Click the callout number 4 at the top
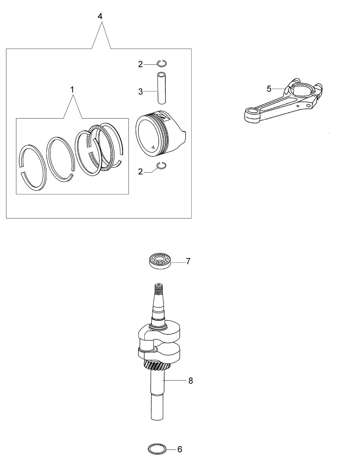pyautogui.click(x=100, y=16)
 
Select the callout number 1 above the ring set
pyautogui.click(x=72, y=90)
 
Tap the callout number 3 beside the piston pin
pyautogui.click(x=140, y=92)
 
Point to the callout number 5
pyautogui.click(x=269, y=89)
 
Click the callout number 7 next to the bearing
pyautogui.click(x=188, y=261)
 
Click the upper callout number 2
pyautogui.click(x=140, y=64)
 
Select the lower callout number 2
pyautogui.click(x=140, y=172)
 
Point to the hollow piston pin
pyautogui.click(x=162, y=88)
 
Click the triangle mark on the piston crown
pyautogui.click(x=153, y=147)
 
